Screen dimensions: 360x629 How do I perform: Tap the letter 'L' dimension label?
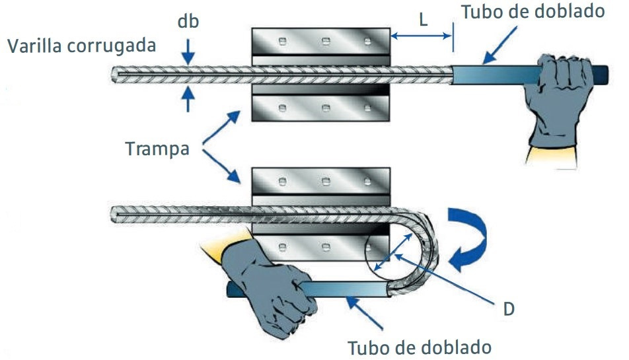pyautogui.click(x=424, y=20)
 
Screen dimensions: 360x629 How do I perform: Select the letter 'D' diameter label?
pyautogui.click(x=507, y=308)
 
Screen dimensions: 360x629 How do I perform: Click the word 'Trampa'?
pyautogui.click(x=157, y=149)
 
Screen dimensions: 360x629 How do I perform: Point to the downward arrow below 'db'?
pyautogui.click(x=188, y=51)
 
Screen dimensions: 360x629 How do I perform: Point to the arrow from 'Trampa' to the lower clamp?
pyautogui.click(x=221, y=168)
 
